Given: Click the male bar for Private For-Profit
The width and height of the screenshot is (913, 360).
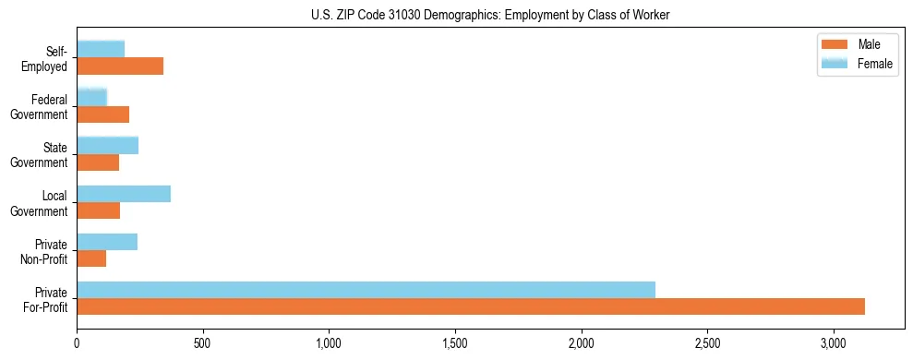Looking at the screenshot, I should point(471,306).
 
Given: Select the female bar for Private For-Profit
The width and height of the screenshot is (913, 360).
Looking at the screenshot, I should point(366,290).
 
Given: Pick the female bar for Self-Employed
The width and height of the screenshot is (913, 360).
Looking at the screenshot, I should point(101,49).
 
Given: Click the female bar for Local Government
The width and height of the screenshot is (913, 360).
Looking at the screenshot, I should point(124,194).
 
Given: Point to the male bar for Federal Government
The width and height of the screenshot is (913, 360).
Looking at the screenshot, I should point(103,114).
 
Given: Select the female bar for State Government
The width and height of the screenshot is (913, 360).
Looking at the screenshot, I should point(108,145).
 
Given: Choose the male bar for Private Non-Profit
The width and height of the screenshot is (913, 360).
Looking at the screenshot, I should point(91,258).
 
